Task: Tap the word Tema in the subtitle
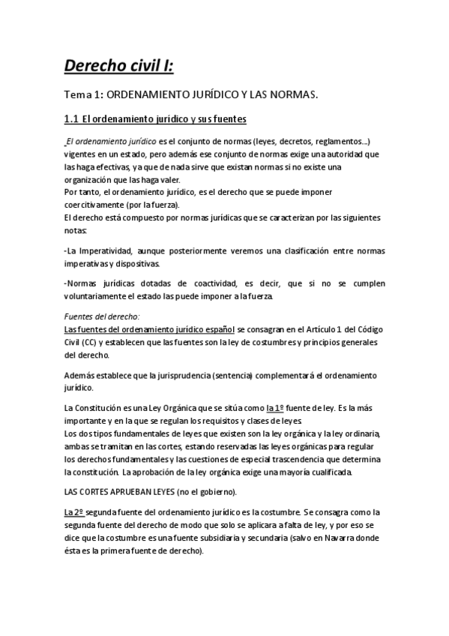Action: pyautogui.click(x=78, y=95)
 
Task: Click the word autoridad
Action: pyautogui.click(x=357, y=154)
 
